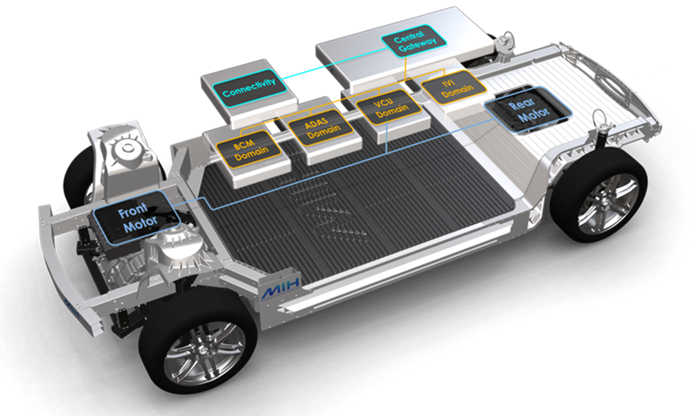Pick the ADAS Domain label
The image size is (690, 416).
[x=320, y=128]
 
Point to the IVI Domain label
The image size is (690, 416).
[x=454, y=87]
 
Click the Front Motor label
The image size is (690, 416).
[x=137, y=218]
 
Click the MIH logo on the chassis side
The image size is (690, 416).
[x=280, y=288]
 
